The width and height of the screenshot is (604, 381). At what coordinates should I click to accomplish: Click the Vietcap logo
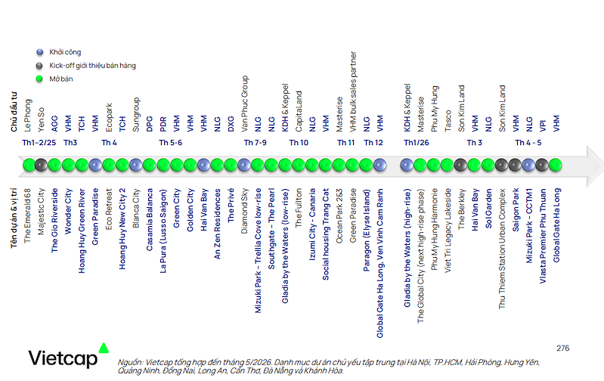click(69, 355)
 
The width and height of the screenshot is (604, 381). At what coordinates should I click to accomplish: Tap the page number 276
click(562, 348)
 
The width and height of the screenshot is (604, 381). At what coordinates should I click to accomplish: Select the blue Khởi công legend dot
click(39, 52)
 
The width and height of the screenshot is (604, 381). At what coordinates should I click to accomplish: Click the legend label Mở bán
click(61, 79)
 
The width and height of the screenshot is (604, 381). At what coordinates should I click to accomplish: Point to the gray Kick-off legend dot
click(39, 66)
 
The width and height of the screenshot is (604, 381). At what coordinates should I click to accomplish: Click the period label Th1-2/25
click(39, 143)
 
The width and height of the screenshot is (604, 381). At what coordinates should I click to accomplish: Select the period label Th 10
click(299, 143)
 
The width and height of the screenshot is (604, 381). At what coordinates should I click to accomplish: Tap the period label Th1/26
click(417, 143)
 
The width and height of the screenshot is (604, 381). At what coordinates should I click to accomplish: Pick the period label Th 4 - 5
click(528, 143)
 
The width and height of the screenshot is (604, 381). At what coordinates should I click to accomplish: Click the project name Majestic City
click(41, 212)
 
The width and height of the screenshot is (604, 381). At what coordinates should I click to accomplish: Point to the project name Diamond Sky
click(244, 211)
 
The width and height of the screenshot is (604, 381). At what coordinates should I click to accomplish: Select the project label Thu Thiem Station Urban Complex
click(501, 249)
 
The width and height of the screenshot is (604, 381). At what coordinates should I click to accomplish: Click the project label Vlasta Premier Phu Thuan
click(542, 236)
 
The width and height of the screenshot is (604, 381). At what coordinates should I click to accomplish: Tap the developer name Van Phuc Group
click(244, 104)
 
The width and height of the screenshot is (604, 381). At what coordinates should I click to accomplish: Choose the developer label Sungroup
click(135, 115)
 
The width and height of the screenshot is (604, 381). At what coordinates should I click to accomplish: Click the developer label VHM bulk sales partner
click(353, 91)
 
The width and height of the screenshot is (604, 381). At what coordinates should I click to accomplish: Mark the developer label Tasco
click(448, 121)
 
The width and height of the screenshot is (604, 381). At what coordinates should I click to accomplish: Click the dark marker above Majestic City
click(41, 165)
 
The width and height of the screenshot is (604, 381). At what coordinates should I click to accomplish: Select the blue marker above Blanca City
click(135, 165)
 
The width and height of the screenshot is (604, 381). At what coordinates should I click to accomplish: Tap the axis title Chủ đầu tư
click(14, 112)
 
